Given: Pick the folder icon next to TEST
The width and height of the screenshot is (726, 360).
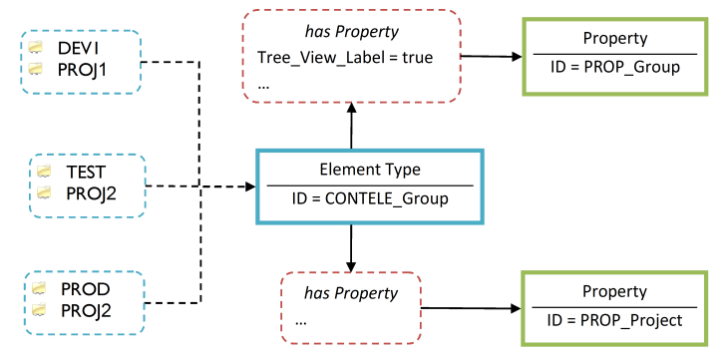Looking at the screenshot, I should [43, 171].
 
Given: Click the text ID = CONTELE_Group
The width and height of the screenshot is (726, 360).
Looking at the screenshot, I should [369, 198].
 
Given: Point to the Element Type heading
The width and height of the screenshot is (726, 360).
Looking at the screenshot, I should [369, 171].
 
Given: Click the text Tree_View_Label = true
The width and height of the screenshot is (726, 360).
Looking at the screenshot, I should [345, 58].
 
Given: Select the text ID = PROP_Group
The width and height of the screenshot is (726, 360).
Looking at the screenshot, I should [615, 67].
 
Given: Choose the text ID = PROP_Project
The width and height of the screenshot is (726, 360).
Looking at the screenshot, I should [615, 320].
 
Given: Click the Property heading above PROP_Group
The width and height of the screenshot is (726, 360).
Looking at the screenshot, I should [615, 39].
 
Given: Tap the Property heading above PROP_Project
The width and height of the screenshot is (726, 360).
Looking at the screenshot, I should [615, 292].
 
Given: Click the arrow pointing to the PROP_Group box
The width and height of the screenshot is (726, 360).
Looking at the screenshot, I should [494, 56].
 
